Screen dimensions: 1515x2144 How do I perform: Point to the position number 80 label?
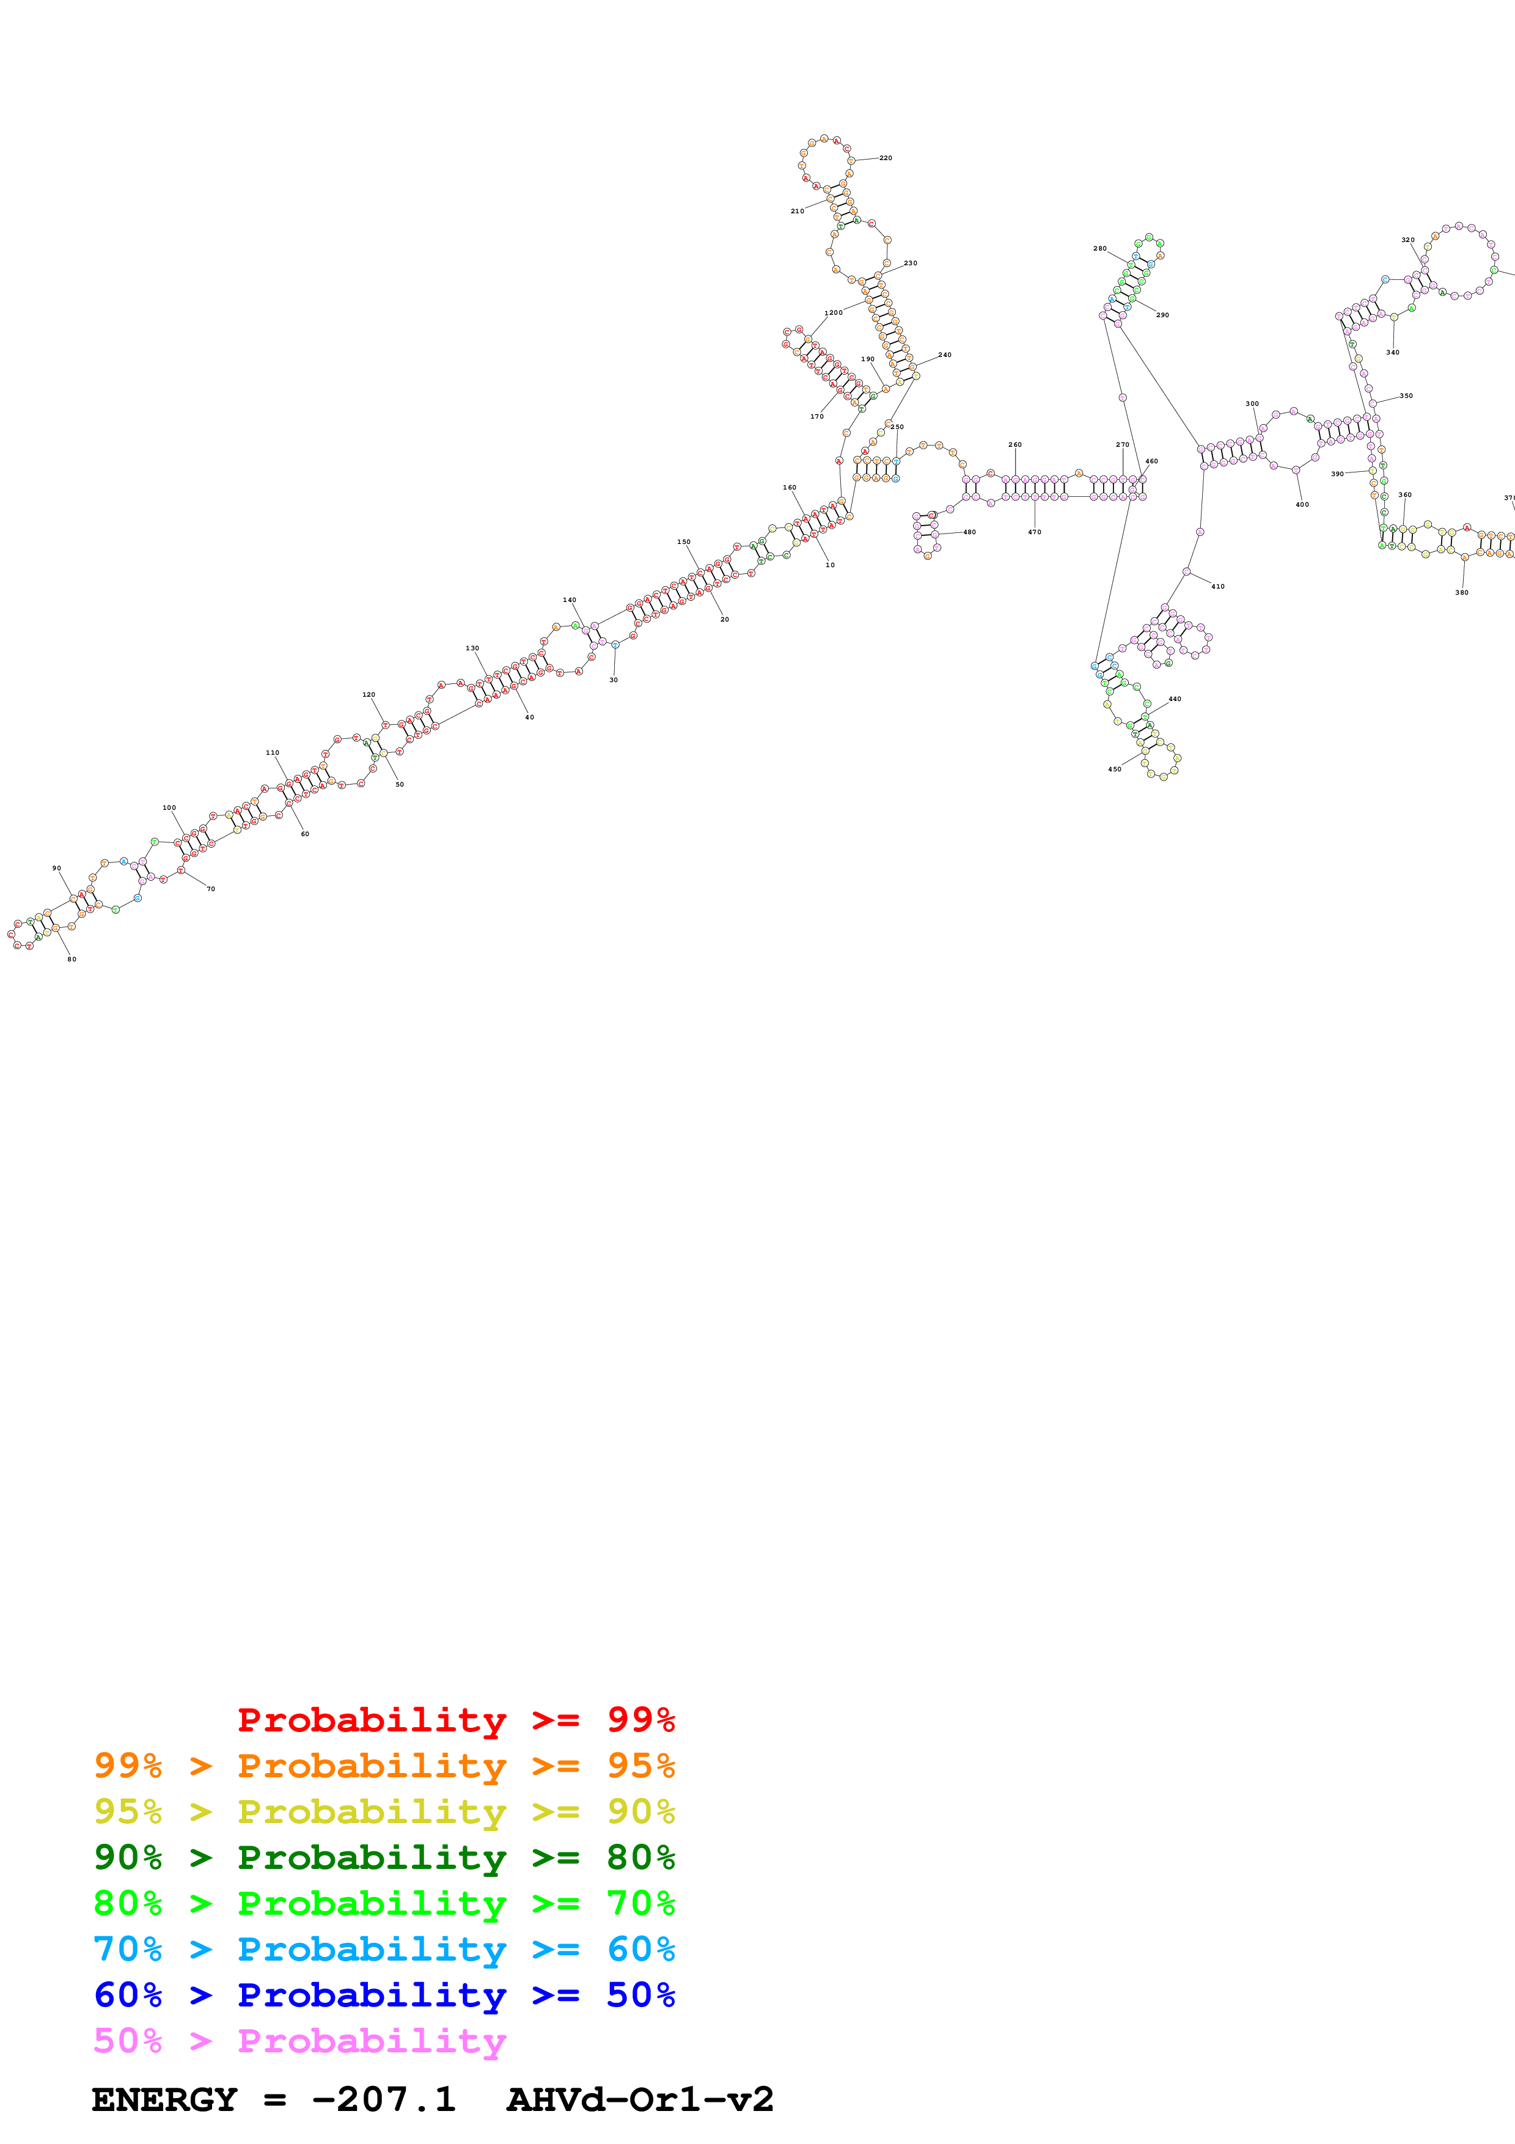point(72,959)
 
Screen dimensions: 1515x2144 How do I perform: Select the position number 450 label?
point(1115,769)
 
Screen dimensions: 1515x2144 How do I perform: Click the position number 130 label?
point(472,648)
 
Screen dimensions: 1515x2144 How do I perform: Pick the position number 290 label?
point(1162,315)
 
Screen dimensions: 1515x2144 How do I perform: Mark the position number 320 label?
point(1407,240)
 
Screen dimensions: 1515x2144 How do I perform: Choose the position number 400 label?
point(1302,504)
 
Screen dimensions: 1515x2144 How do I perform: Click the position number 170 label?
point(816,416)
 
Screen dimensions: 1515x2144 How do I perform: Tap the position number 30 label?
point(614,680)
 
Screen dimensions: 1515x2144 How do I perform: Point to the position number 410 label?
point(1217,587)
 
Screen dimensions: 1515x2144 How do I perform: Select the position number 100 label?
point(169,808)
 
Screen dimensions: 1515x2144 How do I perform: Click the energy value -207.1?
point(384,2099)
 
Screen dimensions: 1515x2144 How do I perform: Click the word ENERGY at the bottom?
point(164,2099)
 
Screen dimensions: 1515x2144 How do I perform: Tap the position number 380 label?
point(1462,592)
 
